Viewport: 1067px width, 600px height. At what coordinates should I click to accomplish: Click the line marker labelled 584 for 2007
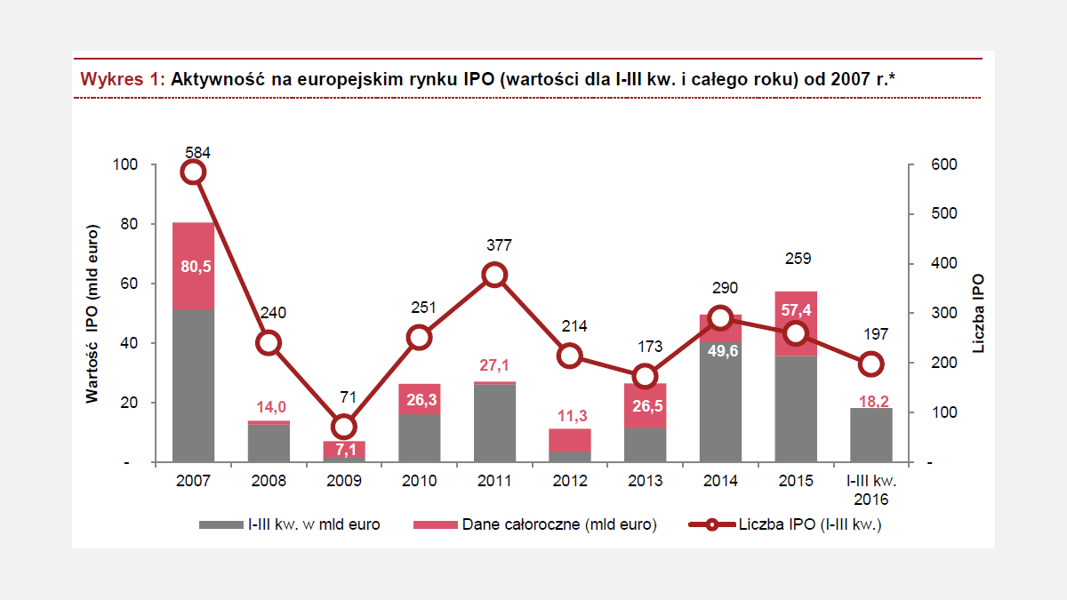coord(193,172)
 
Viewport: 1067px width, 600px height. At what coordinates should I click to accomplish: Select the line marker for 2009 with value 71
coord(343,427)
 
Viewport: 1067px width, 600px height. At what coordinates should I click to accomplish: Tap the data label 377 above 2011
coord(494,245)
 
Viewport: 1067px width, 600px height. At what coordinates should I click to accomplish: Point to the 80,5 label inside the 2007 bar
coord(193,267)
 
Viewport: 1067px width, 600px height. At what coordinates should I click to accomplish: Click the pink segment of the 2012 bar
coord(570,440)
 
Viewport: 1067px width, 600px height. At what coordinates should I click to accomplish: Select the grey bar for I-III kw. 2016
coord(870,435)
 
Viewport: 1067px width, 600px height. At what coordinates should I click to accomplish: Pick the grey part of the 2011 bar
coord(494,423)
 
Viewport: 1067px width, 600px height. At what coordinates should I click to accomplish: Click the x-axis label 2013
coord(645,481)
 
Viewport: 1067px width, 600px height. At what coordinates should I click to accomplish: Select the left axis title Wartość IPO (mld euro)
coord(92,314)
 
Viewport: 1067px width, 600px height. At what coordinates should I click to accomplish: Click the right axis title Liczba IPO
coord(978,314)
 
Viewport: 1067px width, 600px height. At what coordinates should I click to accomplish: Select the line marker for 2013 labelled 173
coord(645,376)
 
